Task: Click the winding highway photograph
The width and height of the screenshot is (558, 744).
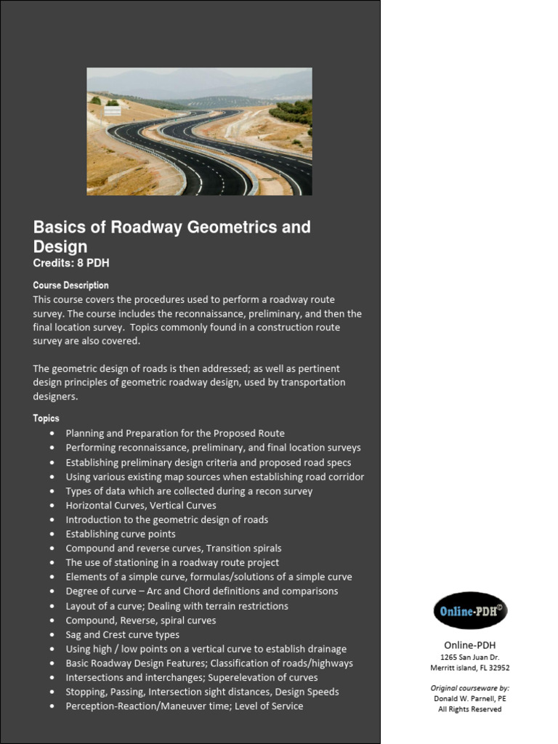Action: (199, 132)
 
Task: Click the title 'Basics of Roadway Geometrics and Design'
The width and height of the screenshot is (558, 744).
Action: (171, 236)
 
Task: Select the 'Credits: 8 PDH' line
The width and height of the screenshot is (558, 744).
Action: (71, 263)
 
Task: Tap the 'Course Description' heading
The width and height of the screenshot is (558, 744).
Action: (70, 286)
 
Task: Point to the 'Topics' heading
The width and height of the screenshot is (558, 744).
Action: (46, 418)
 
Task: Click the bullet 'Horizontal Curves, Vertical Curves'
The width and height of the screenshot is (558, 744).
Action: (140, 505)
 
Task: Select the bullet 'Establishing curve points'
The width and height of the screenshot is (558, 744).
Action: (120, 534)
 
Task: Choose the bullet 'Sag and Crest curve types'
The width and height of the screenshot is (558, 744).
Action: (122, 634)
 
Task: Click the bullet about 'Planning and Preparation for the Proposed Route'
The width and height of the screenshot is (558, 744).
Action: (174, 433)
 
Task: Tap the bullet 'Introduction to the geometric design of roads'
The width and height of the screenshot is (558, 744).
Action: (166, 519)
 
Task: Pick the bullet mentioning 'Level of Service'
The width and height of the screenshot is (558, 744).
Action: (184, 706)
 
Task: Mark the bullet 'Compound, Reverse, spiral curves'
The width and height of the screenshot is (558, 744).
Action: (140, 620)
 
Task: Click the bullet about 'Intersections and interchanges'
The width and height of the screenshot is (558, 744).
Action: (191, 677)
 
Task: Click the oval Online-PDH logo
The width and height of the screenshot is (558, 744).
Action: (469, 610)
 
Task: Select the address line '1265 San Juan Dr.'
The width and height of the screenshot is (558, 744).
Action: (469, 657)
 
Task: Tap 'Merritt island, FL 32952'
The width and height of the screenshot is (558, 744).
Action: (469, 668)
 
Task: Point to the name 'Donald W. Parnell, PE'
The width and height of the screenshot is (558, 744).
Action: (469, 698)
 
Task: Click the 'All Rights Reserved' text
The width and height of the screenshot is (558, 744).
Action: (469, 709)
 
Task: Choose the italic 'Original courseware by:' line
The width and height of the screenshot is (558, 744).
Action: (469, 687)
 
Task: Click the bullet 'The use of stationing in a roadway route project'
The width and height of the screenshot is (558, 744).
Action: (171, 562)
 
